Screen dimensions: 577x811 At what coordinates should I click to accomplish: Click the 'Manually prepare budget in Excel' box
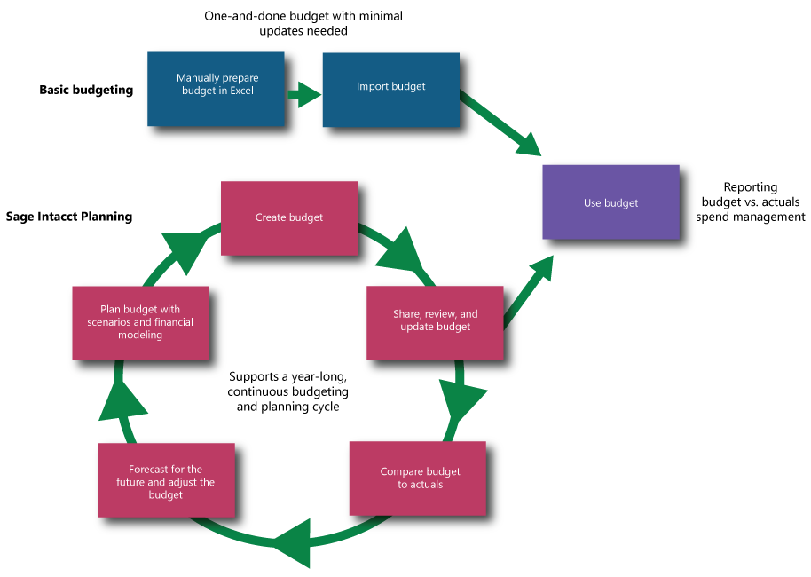[x=217, y=85]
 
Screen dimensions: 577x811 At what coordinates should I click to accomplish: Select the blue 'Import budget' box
[x=390, y=87]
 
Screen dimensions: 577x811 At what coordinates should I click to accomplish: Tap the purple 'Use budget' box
[x=610, y=203]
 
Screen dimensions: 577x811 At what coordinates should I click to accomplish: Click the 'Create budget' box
[x=288, y=217]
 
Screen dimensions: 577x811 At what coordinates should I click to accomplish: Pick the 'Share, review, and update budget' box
[x=435, y=320]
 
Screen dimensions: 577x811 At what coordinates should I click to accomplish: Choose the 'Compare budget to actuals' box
[x=419, y=478]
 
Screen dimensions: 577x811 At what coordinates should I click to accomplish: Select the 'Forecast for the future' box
[x=166, y=481]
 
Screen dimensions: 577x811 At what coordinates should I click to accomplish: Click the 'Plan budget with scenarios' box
[x=140, y=322]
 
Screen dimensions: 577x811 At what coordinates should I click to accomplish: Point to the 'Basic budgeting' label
[x=86, y=90]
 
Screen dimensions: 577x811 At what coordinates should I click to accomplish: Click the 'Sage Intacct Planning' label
[x=68, y=217]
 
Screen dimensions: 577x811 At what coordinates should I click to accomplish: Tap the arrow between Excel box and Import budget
[x=303, y=93]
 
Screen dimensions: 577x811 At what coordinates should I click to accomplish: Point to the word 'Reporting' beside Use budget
[x=750, y=187]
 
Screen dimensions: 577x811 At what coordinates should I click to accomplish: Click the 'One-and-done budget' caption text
[x=303, y=17]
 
